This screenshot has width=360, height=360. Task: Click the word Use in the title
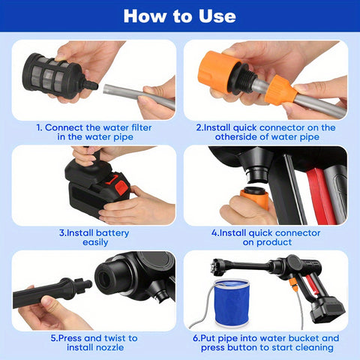tap(217, 16)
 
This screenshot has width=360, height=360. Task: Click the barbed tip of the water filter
tap(91, 85)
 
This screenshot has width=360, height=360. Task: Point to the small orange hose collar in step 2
tap(280, 90)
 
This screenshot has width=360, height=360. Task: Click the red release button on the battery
tap(121, 188)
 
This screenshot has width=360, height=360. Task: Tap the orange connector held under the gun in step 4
tap(254, 197)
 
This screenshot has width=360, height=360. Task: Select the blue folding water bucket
tap(232, 303)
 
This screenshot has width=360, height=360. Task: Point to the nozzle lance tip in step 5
tap(83, 284)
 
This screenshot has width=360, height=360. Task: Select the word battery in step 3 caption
tap(112, 233)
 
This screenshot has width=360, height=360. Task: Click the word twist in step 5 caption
tap(114, 338)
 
